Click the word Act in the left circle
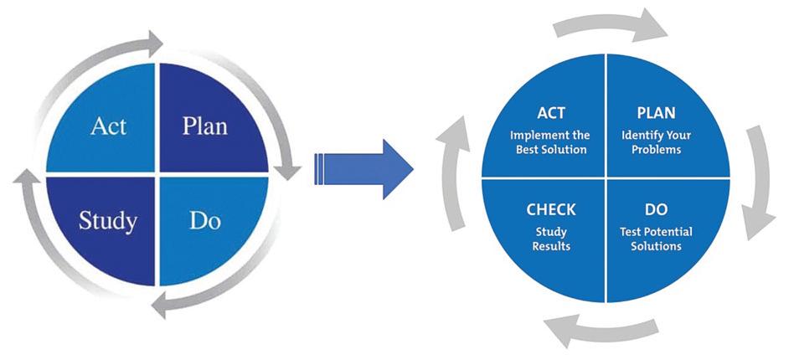pyautogui.click(x=108, y=126)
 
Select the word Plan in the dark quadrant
pyautogui.click(x=204, y=126)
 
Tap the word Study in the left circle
pyautogui.click(x=108, y=222)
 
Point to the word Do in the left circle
pyautogui.click(x=205, y=220)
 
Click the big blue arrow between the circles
pyautogui.click(x=363, y=169)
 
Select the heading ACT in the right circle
pyautogui.click(x=551, y=113)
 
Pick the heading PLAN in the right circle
pyautogui.click(x=657, y=113)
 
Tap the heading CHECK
pyautogui.click(x=551, y=209)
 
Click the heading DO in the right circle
pyautogui.click(x=657, y=209)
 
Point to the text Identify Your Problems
pyautogui.click(x=657, y=143)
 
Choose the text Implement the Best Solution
pyautogui.click(x=550, y=143)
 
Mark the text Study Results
pyautogui.click(x=551, y=239)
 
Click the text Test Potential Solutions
pyautogui.click(x=657, y=239)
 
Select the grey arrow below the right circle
pyautogui.click(x=602, y=329)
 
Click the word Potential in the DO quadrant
pyautogui.click(x=670, y=233)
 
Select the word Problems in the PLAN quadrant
pyautogui.click(x=657, y=150)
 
